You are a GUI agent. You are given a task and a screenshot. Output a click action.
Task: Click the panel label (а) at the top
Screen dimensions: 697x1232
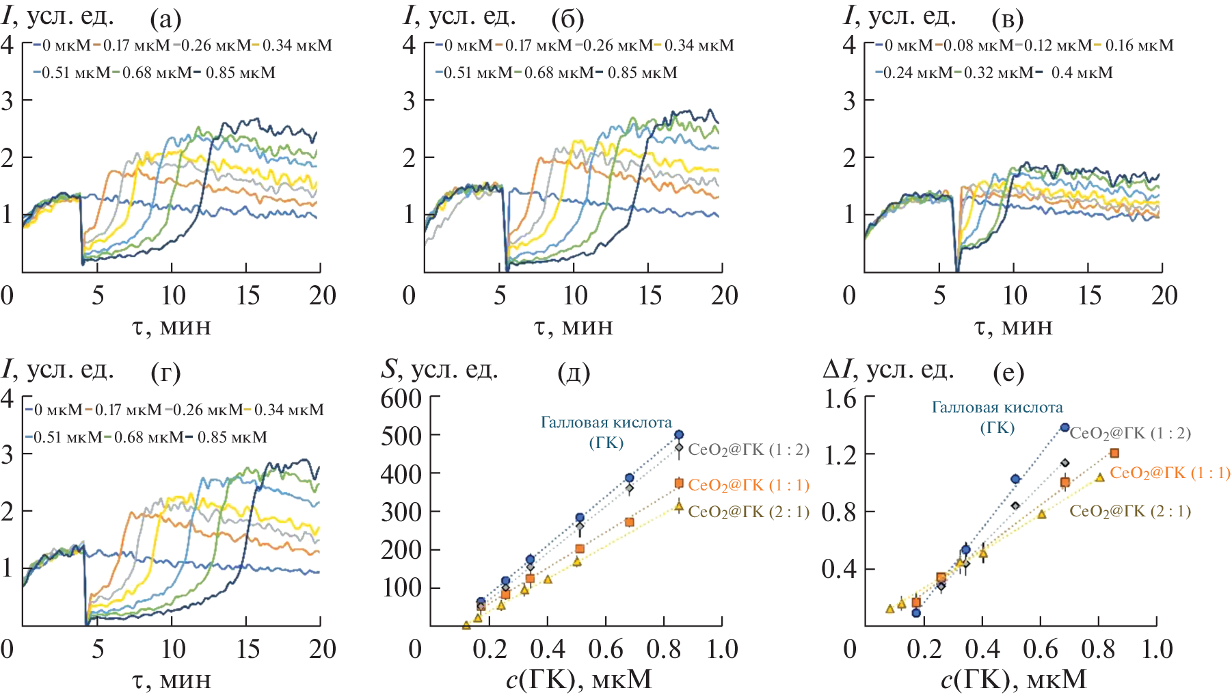click(x=165, y=20)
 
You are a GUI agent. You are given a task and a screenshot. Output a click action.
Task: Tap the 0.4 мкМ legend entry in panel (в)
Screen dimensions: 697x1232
click(x=1082, y=73)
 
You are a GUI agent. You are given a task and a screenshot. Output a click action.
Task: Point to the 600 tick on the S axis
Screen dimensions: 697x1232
click(x=401, y=398)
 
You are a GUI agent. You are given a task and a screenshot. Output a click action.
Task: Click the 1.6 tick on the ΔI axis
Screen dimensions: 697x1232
click(x=840, y=398)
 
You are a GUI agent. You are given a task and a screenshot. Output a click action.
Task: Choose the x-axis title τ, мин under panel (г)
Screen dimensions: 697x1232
click(x=171, y=681)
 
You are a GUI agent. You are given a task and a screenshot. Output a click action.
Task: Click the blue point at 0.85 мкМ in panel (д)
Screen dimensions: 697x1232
click(x=679, y=434)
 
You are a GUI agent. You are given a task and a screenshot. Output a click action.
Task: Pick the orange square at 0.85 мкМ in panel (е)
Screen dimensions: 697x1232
click(x=1114, y=453)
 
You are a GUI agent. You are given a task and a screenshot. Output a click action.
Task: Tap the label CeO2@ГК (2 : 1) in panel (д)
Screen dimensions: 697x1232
click(x=749, y=512)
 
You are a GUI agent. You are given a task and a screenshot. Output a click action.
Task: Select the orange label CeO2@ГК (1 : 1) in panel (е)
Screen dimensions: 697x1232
click(x=1170, y=473)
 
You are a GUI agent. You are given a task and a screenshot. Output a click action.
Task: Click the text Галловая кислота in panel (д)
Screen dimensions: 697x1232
click(x=606, y=423)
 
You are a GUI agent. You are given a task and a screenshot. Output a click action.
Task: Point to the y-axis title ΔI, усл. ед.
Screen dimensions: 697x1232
click(x=888, y=370)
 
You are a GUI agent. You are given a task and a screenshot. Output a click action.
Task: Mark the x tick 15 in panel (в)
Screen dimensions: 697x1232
click(x=1089, y=295)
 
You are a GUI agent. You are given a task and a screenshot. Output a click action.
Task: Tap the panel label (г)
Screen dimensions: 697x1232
click(x=165, y=373)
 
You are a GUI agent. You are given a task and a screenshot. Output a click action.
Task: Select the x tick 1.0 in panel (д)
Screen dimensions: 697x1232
click(x=722, y=649)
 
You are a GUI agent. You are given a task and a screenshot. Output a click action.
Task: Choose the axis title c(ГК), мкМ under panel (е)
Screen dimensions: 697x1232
click(x=1013, y=679)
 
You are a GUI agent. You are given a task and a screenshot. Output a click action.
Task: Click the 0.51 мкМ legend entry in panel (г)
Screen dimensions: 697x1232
click(x=68, y=437)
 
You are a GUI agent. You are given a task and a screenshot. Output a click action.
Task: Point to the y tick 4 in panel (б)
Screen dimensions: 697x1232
click(x=409, y=45)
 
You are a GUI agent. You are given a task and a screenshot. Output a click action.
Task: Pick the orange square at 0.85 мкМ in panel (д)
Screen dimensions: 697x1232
click(x=679, y=484)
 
